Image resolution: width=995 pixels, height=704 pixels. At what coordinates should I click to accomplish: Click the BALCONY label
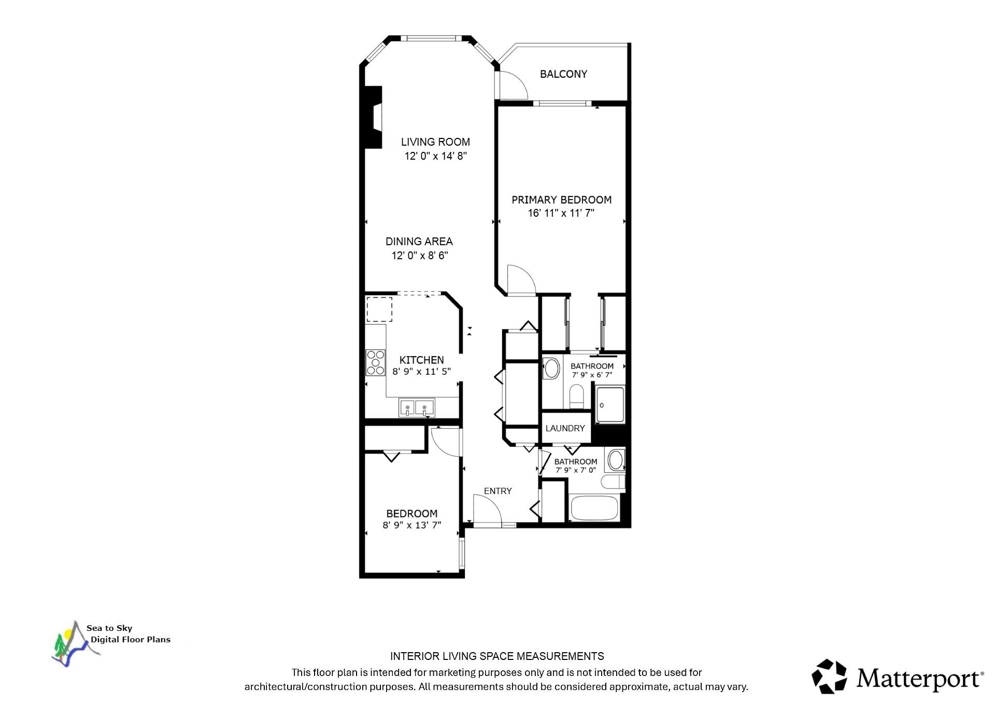click(x=563, y=74)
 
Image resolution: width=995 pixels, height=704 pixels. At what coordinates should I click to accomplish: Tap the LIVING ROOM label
click(x=435, y=142)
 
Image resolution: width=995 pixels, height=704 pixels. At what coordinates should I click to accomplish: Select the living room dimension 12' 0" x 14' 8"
click(x=436, y=156)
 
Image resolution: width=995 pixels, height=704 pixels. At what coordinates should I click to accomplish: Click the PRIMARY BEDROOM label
click(x=561, y=200)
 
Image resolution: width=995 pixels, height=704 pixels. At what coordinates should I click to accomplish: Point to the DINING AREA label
click(x=419, y=242)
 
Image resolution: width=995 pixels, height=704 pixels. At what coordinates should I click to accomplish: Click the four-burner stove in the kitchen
click(x=376, y=362)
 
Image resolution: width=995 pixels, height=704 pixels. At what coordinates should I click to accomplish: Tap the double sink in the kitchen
click(x=417, y=408)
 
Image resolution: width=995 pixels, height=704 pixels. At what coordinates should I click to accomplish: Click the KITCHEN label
click(x=421, y=360)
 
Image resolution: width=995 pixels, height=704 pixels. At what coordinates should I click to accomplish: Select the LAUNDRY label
click(x=565, y=428)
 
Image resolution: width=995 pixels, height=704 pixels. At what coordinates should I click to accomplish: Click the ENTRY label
click(x=497, y=491)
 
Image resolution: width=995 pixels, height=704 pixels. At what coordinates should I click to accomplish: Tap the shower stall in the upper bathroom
click(x=610, y=404)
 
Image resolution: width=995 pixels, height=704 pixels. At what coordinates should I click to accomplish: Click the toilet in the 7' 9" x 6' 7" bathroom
click(x=576, y=396)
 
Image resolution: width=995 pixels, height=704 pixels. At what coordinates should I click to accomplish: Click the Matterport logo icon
click(x=829, y=676)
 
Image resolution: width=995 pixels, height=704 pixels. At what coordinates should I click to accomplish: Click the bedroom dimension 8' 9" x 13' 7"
click(x=412, y=525)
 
